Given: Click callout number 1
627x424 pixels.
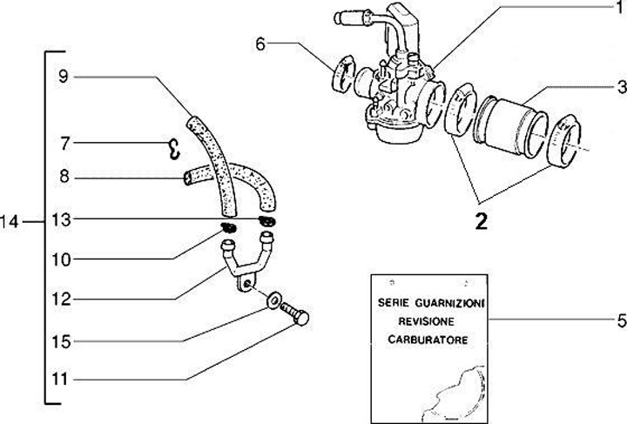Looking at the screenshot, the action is [x=619, y=8].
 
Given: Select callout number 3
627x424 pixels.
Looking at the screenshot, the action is [x=619, y=86].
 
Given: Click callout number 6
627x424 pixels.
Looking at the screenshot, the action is [x=261, y=43].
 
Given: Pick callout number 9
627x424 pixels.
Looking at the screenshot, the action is [x=63, y=76].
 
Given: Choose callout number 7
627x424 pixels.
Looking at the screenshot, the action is [x=63, y=142].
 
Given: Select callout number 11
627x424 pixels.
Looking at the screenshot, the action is [x=63, y=379].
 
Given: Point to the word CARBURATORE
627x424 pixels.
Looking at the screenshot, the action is [x=426, y=338].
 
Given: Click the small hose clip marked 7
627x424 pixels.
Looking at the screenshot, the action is [x=173, y=150].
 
